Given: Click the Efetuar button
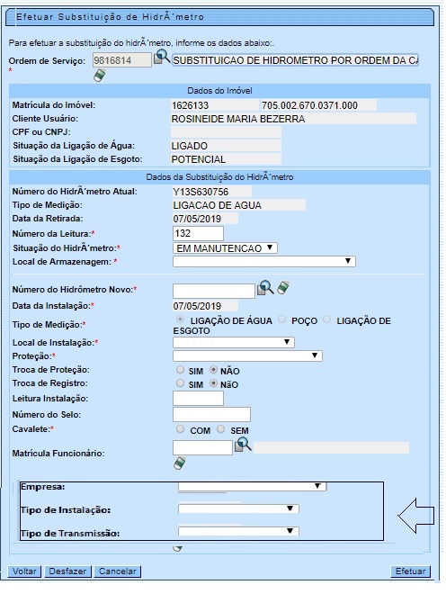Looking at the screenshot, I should (410, 571).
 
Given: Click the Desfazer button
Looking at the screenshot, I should (68, 571).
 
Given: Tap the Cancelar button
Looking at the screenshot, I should (118, 571).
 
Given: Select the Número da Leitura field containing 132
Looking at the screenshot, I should (198, 234).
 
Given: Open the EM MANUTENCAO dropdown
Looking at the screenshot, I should (225, 247).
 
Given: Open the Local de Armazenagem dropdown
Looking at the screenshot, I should (263, 262).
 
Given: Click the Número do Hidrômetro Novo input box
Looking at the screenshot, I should (213, 290).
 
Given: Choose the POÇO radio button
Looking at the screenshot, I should (283, 320).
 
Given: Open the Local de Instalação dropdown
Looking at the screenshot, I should (234, 342).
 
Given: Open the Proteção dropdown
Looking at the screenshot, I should (247, 355).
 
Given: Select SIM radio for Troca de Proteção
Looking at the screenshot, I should (181, 370).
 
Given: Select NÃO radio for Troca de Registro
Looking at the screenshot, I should (213, 383).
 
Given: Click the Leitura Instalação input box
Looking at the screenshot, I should (198, 398).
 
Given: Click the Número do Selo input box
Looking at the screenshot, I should (211, 414).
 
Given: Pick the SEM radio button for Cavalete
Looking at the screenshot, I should (221, 430).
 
